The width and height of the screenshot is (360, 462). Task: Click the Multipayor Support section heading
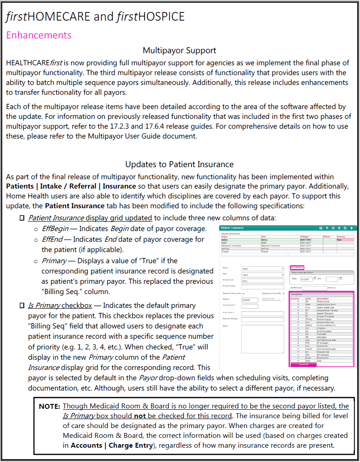[x=179, y=50]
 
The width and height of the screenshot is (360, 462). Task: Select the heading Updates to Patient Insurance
[x=179, y=164]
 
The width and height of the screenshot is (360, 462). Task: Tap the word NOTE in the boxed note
[x=49, y=407]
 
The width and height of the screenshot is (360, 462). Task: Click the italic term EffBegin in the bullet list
[x=54, y=229]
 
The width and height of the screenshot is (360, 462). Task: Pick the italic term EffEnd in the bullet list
[x=51, y=239]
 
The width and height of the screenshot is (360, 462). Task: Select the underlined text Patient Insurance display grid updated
[x=90, y=218]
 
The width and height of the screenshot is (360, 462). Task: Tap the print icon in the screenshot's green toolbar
[x=321, y=228]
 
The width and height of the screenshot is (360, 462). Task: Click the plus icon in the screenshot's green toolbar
[x=327, y=228]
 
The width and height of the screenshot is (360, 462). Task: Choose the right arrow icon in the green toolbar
[x=352, y=228]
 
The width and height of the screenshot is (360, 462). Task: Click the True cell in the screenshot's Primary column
[x=339, y=239]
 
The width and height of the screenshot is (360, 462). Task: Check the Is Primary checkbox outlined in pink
[x=292, y=267]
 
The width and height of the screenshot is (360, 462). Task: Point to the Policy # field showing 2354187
[x=249, y=300]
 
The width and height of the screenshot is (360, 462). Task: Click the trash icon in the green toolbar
[x=339, y=228]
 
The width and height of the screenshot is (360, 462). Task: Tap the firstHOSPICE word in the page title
[x=150, y=17]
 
